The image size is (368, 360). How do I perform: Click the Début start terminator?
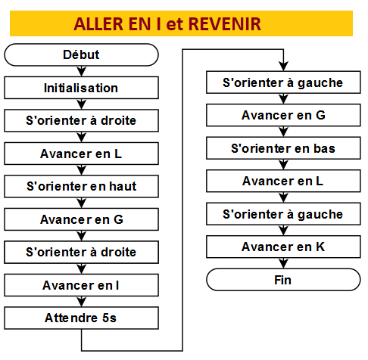pyautogui.click(x=81, y=54)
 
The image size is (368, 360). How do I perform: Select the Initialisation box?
pyautogui.click(x=81, y=88)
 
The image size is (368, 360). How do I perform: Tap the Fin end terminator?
pyautogui.click(x=283, y=280)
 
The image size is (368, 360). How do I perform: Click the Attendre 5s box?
pyautogui.click(x=81, y=318)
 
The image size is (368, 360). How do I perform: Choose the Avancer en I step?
pyautogui.click(x=81, y=285)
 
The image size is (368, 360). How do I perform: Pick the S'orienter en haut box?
pyautogui.click(x=81, y=186)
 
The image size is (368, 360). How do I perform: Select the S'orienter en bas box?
pyautogui.click(x=283, y=148)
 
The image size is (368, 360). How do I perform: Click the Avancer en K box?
pyautogui.click(x=283, y=247)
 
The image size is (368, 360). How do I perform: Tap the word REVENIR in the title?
pyautogui.click(x=225, y=24)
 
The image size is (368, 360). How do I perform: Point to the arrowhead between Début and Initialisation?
pyautogui.click(x=81, y=72)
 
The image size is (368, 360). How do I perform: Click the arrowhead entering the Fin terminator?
pyautogui.click(x=283, y=264)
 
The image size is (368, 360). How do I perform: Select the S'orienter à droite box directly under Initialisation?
pyautogui.click(x=81, y=120)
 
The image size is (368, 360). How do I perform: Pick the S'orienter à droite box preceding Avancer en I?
pyautogui.click(x=81, y=252)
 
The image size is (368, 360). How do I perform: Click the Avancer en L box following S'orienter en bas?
pyautogui.click(x=283, y=181)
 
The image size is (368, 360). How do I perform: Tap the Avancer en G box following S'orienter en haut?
pyautogui.click(x=81, y=219)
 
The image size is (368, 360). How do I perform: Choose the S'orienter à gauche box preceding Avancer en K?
pyautogui.click(x=283, y=214)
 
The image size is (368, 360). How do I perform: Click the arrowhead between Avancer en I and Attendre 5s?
pyautogui.click(x=81, y=302)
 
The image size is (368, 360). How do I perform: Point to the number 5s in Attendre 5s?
pyautogui.click(x=109, y=318)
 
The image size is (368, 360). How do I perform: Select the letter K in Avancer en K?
pyautogui.click(x=320, y=247)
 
